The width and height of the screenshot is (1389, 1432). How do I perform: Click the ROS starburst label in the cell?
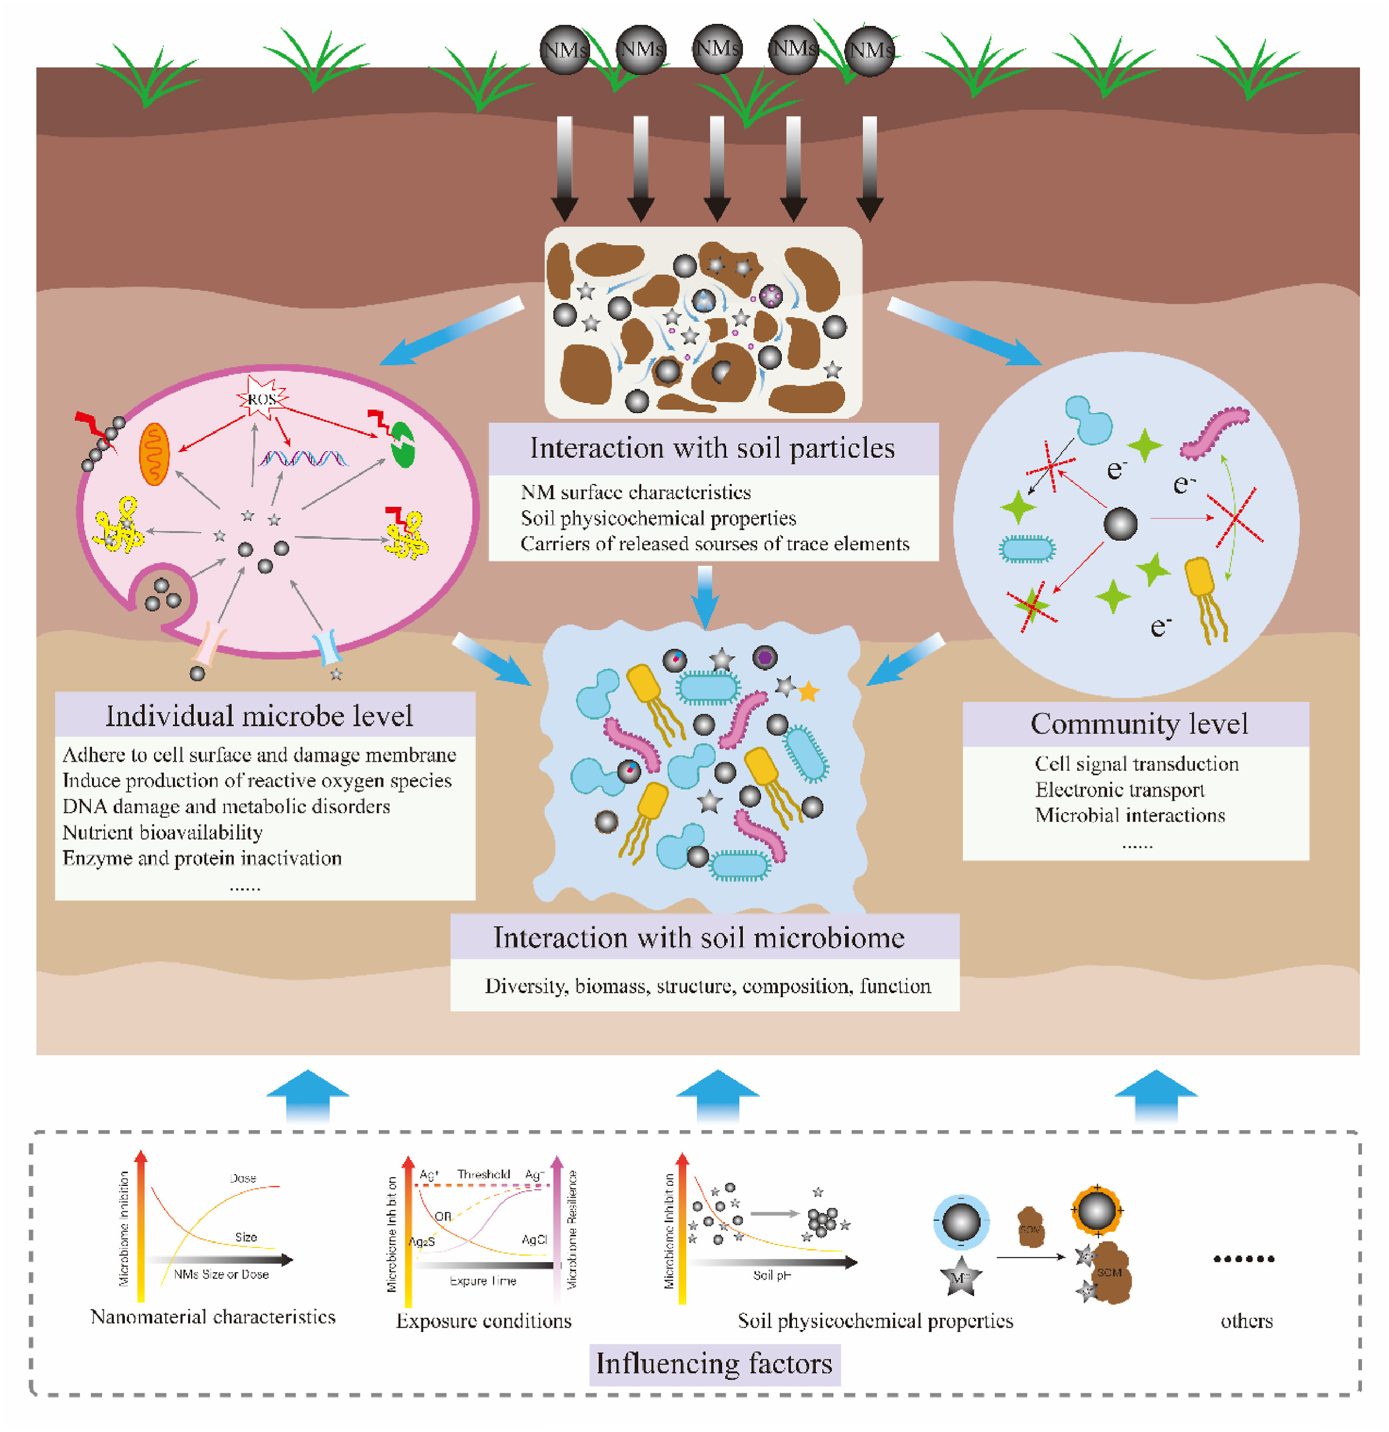click(261, 399)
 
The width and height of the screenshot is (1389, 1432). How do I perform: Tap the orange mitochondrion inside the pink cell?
click(154, 455)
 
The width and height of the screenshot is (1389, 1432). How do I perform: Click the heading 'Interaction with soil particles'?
click(713, 448)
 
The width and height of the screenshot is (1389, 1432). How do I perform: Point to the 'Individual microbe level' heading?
click(260, 715)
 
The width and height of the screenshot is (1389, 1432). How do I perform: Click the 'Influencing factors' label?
click(714, 1363)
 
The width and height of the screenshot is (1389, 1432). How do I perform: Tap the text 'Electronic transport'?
click(1119, 790)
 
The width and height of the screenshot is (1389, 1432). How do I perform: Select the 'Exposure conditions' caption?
click(484, 1320)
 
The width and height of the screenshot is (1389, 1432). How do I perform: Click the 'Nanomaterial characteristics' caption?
click(213, 1317)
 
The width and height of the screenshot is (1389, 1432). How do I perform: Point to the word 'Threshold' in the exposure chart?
click(484, 1174)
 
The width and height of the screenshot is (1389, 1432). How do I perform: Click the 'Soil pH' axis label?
click(772, 1275)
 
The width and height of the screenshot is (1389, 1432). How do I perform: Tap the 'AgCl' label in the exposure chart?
click(534, 1240)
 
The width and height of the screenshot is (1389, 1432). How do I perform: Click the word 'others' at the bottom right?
click(1247, 1320)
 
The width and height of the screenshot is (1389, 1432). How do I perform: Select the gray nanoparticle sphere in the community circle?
click(1120, 524)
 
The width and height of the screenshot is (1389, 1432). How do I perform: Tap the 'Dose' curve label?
click(243, 1178)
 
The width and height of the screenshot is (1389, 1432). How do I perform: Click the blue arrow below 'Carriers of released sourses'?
click(705, 595)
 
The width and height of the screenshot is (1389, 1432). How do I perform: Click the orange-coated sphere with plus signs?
click(1097, 1211)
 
